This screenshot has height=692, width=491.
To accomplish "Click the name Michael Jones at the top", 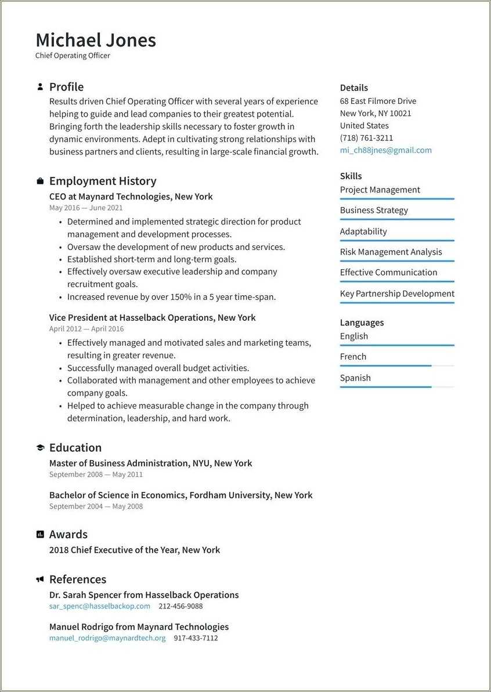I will [96, 40].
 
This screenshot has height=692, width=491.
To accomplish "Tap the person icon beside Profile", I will [40, 87].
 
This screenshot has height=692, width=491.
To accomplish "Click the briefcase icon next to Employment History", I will [40, 181].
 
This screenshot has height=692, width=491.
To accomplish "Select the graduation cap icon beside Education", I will [40, 448].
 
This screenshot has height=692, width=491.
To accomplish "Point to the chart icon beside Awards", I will [40, 534].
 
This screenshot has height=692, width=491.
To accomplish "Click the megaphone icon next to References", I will [40, 579].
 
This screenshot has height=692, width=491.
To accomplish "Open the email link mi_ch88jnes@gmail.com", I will [385, 150].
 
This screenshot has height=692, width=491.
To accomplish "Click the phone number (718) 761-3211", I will [366, 138].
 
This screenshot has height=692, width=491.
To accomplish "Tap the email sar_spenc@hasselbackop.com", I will [99, 606].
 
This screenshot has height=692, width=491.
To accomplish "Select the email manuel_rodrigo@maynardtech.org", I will [107, 637].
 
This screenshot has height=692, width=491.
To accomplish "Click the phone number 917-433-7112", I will [196, 637].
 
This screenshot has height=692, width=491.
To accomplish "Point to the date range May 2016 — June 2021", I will [86, 208].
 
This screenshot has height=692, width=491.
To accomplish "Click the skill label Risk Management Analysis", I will [391, 252].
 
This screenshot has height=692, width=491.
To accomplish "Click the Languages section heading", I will [362, 323].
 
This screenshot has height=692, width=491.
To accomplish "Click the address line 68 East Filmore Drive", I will [378, 101].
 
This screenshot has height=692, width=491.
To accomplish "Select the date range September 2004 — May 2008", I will [96, 506].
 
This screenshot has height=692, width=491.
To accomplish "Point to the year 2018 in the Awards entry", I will [59, 550].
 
